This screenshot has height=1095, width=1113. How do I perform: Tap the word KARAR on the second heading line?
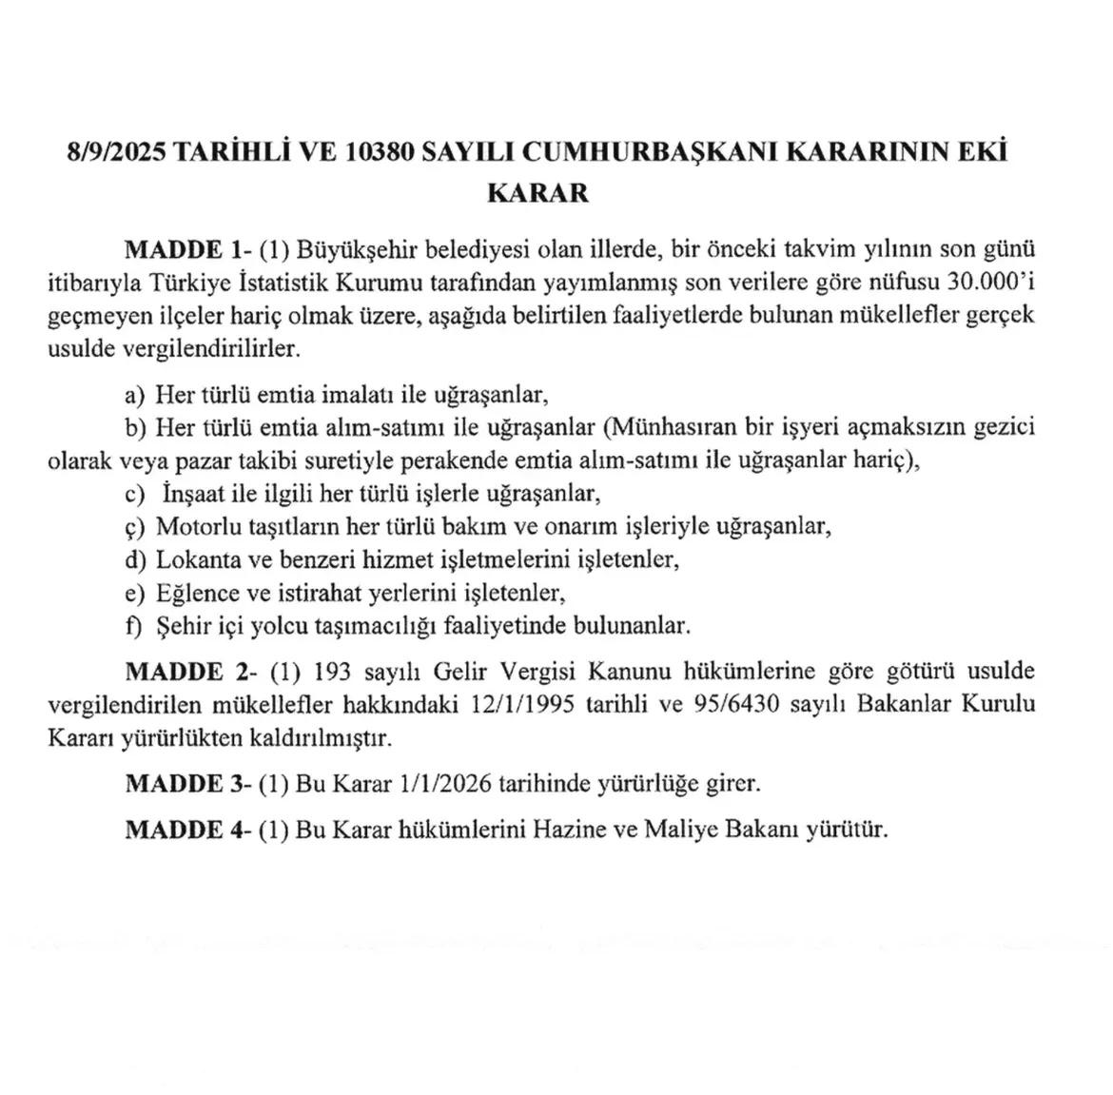[537, 193]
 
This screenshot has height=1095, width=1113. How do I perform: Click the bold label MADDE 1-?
[187, 250]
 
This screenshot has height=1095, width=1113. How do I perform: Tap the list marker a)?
[135, 394]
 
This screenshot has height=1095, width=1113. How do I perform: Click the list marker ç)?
[134, 526]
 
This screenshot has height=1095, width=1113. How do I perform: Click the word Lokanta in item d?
[195, 558]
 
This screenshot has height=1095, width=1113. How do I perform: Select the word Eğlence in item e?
[197, 593]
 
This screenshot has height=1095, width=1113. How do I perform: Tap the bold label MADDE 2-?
[187, 671]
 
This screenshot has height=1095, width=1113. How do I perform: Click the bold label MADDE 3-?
[187, 784]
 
